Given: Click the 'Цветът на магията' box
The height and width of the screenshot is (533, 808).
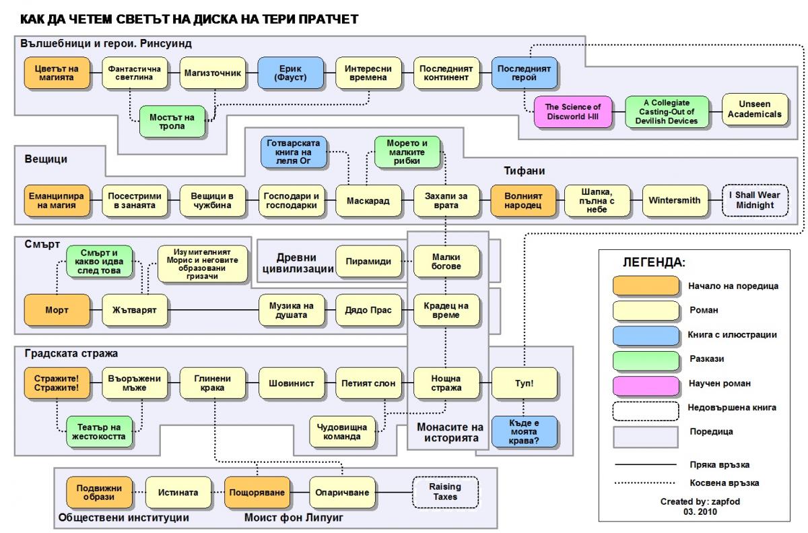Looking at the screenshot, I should [58, 73].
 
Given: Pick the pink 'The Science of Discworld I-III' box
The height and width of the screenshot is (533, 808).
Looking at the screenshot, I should [572, 112].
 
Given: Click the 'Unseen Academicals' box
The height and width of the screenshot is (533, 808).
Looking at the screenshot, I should [755, 110].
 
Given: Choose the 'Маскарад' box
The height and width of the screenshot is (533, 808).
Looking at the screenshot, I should [368, 201].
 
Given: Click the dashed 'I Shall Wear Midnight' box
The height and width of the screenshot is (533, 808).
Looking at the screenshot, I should [755, 201].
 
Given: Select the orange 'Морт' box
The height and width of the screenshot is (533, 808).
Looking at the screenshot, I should [58, 310].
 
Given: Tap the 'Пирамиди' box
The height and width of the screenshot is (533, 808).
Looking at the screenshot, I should [368, 261].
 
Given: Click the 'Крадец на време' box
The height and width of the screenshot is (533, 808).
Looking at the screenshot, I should [446, 310].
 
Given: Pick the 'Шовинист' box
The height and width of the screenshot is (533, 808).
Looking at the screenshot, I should [291, 383].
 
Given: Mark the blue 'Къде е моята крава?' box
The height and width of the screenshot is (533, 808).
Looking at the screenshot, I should [524, 431].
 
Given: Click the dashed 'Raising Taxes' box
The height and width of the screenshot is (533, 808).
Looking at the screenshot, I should [445, 493].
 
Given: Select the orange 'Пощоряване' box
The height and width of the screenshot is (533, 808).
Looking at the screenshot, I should [256, 493].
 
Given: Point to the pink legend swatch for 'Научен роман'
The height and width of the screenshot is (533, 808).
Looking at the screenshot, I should [646, 383].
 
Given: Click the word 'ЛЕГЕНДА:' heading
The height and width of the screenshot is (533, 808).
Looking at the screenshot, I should [654, 262].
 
